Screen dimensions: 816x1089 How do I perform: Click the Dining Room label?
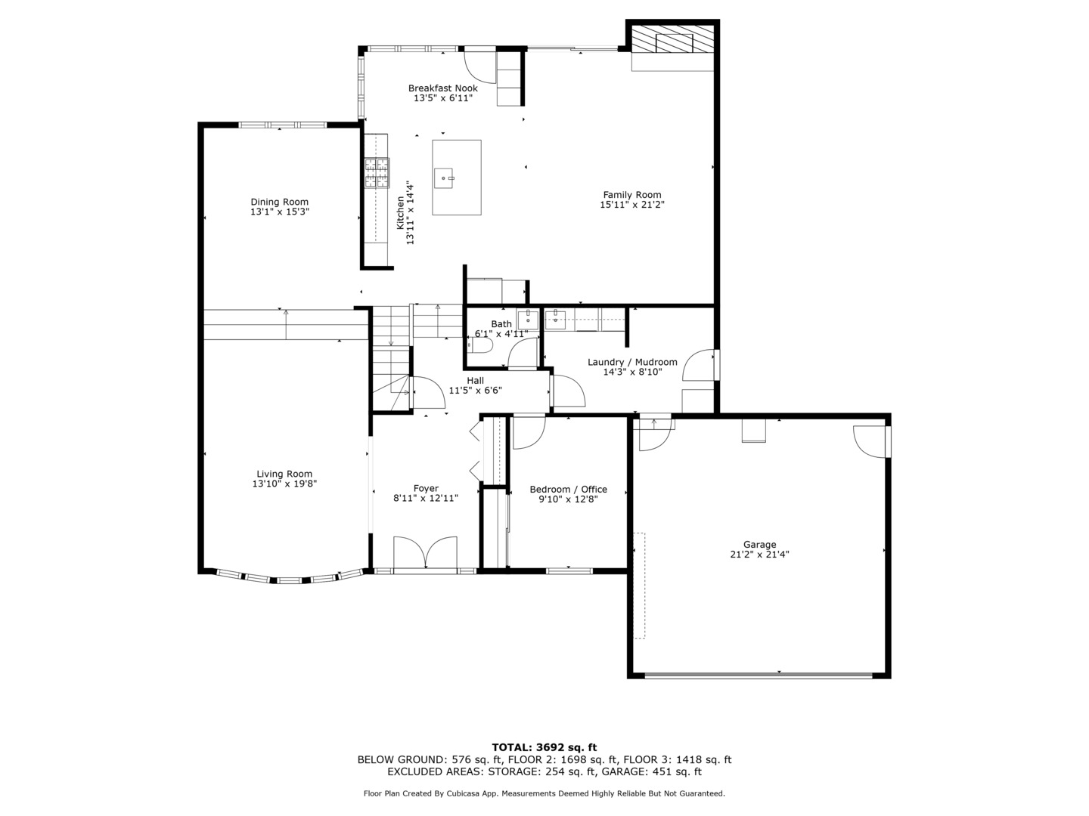coord(279,202)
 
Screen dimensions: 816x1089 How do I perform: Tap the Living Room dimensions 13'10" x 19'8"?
coord(284,484)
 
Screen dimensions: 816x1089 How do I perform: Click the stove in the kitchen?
coord(377,172)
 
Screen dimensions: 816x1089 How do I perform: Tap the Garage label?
coord(759,544)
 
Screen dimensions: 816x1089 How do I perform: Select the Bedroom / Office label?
coord(568,489)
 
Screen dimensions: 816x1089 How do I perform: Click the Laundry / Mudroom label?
coord(632,362)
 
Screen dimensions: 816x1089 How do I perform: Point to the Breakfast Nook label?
coord(443,88)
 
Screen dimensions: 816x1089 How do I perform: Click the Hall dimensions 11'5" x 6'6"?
coord(475,391)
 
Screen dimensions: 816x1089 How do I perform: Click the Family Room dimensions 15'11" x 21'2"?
coord(632,205)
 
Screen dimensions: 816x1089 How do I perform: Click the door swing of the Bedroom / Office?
coord(529,433)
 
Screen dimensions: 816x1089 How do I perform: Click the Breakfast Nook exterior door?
coord(479,63)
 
